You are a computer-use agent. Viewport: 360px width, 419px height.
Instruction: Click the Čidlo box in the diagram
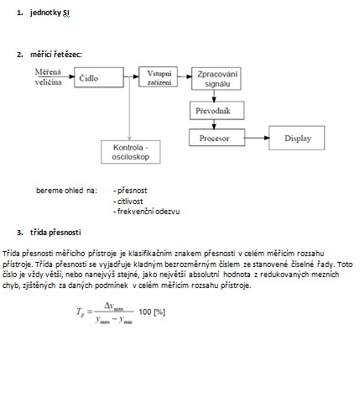click(x=99, y=77)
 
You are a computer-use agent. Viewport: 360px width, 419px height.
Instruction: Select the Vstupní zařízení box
click(x=158, y=76)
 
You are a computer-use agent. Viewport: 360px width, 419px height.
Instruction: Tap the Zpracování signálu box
click(x=217, y=79)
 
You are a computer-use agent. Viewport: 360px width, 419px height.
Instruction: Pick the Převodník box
click(x=217, y=111)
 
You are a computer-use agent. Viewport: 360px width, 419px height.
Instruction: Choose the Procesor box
click(x=217, y=138)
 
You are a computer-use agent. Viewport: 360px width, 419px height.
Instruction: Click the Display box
click(x=297, y=138)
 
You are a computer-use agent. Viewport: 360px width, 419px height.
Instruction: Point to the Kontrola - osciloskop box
click(x=131, y=152)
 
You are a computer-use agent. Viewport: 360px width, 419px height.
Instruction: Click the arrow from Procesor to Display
click(x=258, y=138)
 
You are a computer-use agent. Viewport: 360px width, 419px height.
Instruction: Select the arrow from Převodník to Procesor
click(x=214, y=124)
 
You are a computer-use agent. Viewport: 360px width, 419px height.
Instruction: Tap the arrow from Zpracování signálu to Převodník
click(x=214, y=96)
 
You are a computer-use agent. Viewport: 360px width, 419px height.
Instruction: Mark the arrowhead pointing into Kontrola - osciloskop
click(x=129, y=138)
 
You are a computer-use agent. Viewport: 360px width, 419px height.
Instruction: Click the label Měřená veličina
click(x=48, y=77)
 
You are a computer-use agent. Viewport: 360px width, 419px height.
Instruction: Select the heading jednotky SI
click(x=50, y=13)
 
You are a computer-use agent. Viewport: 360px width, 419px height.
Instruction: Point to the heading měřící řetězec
click(x=56, y=55)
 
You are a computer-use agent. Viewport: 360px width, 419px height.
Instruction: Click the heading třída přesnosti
click(x=55, y=233)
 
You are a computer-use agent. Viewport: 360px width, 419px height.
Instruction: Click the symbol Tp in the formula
click(x=81, y=312)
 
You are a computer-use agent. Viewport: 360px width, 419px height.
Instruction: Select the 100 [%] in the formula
click(x=152, y=312)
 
